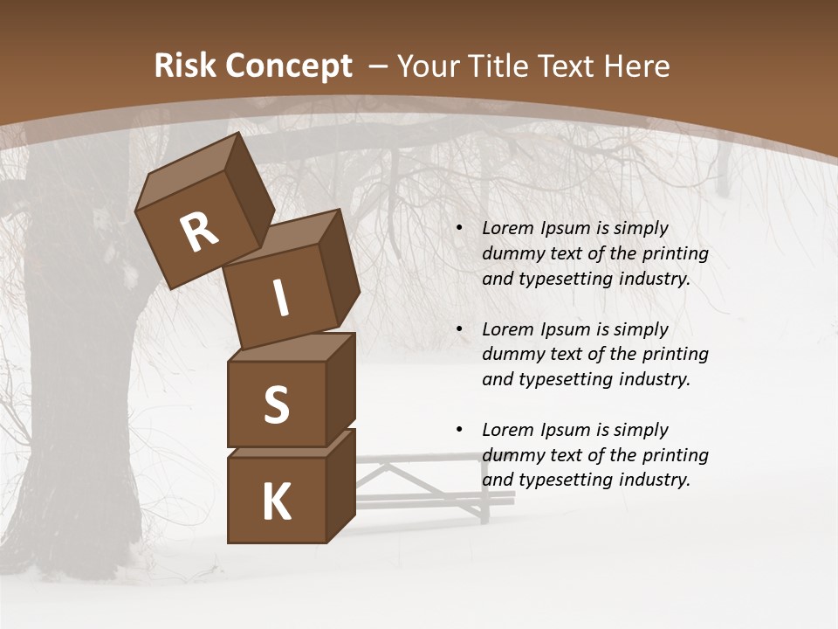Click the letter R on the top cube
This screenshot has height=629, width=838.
click(199, 232)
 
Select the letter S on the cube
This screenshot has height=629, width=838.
click(276, 404)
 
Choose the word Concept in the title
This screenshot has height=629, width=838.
click(287, 66)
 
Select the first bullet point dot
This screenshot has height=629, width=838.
click(460, 229)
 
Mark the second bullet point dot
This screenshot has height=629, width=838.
click(460, 329)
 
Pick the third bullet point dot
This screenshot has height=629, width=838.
click(460, 430)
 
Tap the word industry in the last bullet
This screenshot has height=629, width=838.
click(652, 480)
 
